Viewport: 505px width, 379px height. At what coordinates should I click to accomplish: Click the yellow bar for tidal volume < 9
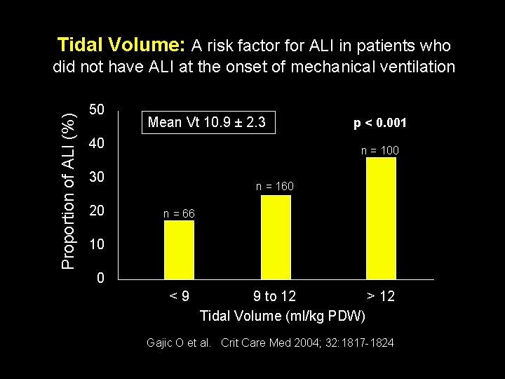point(179,250)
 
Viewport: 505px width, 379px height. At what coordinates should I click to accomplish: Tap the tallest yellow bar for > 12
point(381,218)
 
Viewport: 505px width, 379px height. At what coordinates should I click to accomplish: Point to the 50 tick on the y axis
point(97,110)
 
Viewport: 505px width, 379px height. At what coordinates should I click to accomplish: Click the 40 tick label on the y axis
point(97,144)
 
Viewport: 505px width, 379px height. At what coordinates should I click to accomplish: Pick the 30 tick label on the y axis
point(97,178)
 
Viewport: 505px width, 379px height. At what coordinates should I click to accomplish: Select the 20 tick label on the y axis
point(97,211)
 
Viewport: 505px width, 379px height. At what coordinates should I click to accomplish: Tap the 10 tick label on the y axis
point(97,245)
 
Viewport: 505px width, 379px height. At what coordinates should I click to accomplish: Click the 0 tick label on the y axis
point(101,279)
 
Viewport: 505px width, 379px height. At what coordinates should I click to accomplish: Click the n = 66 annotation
point(179,213)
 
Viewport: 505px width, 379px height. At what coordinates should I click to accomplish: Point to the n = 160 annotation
point(274,187)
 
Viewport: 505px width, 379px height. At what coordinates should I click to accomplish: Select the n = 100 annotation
point(379,149)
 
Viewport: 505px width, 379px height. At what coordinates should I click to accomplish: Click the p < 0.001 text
point(380,123)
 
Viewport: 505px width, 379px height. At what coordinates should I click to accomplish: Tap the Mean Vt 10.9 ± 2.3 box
point(207,122)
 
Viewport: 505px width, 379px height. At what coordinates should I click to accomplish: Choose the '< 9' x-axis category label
point(179,296)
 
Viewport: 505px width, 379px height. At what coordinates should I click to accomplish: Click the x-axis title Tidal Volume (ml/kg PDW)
point(283,316)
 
